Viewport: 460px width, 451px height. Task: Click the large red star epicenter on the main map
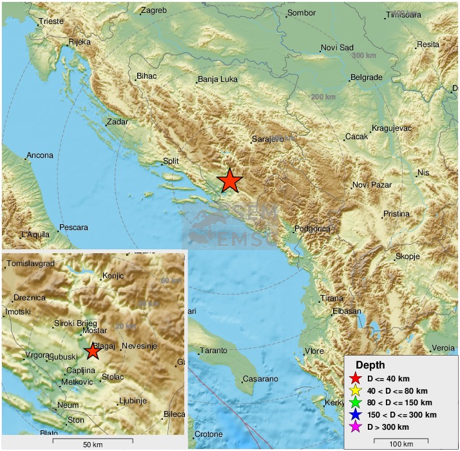pyautogui.click(x=229, y=181)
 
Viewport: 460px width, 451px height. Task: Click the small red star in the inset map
pyautogui.click(x=93, y=351)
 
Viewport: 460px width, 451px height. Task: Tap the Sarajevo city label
pyautogui.click(x=267, y=139)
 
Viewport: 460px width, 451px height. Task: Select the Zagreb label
pyautogui.click(x=153, y=10)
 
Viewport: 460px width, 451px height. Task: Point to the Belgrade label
pyautogui.click(x=366, y=77)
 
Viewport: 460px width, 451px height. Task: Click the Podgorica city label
pyautogui.click(x=312, y=229)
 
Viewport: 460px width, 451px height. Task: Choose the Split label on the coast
pyautogui.click(x=171, y=161)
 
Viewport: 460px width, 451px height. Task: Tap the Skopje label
pyautogui.click(x=407, y=256)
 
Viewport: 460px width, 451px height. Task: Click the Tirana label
pyautogui.click(x=332, y=298)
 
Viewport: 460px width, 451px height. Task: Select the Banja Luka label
pyautogui.click(x=217, y=81)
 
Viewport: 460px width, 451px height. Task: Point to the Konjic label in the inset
pyautogui.click(x=113, y=276)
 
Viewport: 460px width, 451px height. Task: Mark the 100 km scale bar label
pyautogui.click(x=401, y=445)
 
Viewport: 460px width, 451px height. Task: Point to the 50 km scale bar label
pyautogui.click(x=93, y=445)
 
